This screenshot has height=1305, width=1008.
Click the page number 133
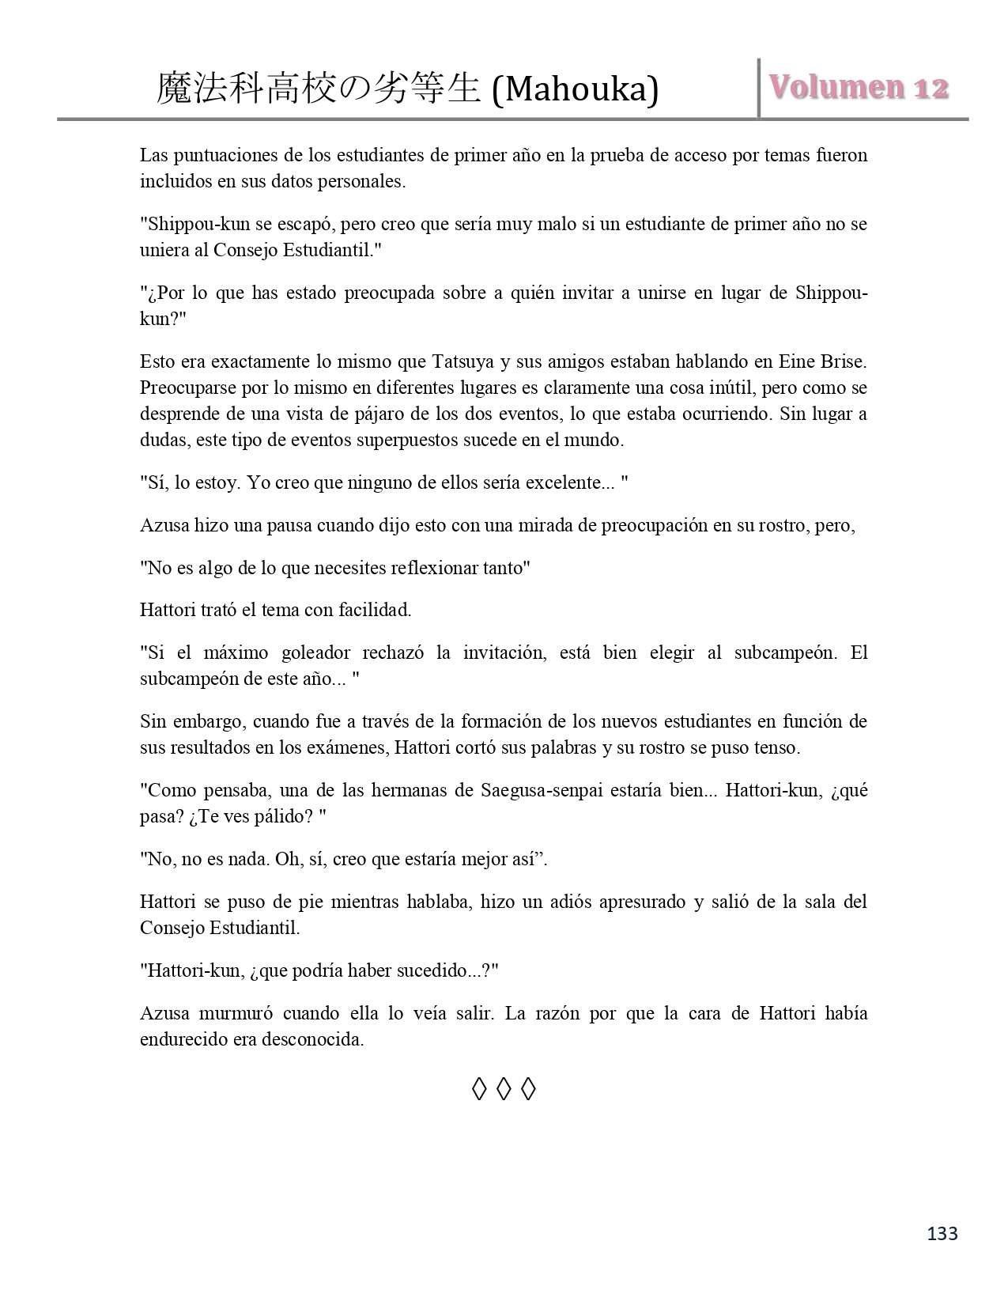click(942, 1234)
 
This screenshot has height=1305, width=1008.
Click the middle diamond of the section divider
click(504, 1090)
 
